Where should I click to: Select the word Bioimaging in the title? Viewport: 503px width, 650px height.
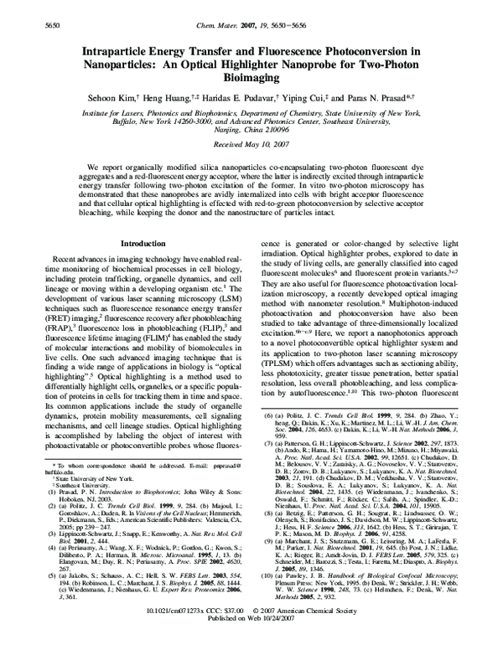251,80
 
